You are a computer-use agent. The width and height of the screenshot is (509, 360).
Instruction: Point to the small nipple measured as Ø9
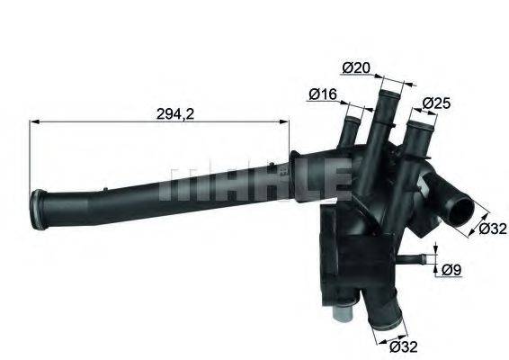click(x=414, y=260)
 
